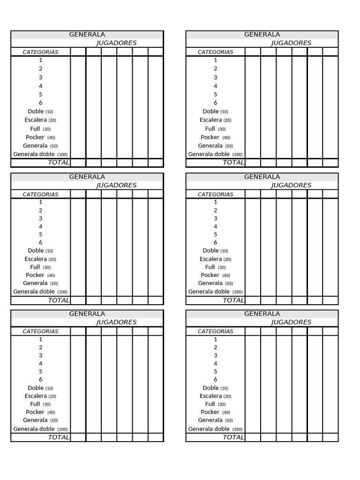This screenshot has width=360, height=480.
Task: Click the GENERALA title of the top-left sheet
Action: (x=87, y=35)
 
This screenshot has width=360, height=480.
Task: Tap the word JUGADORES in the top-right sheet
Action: (x=291, y=43)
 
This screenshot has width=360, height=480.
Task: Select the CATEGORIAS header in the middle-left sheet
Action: (x=41, y=195)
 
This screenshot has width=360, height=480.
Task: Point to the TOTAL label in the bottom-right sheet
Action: (x=233, y=437)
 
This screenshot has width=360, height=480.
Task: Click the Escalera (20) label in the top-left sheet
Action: (x=40, y=120)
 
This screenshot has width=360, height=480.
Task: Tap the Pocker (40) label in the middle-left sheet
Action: (x=40, y=275)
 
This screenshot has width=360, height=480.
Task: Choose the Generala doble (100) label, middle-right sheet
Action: (x=216, y=292)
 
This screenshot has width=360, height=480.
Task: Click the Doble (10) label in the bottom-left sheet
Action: (x=40, y=388)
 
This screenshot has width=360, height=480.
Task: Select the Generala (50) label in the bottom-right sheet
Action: (x=216, y=420)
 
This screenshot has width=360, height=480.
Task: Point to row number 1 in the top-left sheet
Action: (x=41, y=60)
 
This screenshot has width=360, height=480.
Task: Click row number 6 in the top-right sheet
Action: (x=216, y=103)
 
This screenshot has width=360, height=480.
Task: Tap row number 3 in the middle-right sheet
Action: (x=216, y=218)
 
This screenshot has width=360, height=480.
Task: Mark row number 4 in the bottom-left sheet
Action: (x=41, y=363)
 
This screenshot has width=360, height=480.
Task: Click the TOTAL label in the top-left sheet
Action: (x=59, y=163)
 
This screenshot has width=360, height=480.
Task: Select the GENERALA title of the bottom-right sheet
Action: (x=262, y=314)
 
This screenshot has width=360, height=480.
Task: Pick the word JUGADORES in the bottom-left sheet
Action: (x=116, y=322)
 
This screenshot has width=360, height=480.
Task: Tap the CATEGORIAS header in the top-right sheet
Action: (x=216, y=52)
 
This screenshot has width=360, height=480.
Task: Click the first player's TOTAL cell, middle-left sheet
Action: (x=78, y=300)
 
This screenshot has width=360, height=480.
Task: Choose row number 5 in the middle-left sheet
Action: (x=41, y=234)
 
